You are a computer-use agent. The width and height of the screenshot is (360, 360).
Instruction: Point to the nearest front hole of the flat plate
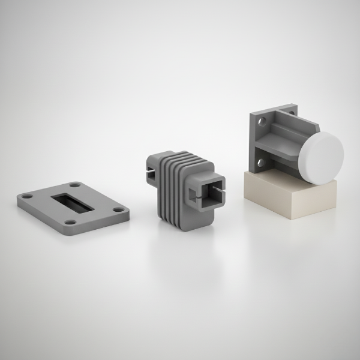71,221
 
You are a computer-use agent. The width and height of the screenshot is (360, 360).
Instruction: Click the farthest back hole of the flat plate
75,185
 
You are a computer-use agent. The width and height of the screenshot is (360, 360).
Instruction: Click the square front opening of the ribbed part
208,193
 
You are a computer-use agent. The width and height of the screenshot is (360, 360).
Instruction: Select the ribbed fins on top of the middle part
179,163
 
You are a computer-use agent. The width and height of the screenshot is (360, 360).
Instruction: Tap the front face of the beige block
270,201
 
